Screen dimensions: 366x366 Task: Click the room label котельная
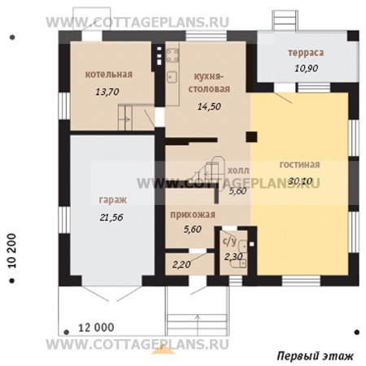(109, 74)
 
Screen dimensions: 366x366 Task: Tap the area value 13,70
(107, 92)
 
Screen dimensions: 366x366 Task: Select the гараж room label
(113, 200)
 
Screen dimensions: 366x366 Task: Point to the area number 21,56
(111, 217)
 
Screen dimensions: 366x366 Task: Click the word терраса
(306, 53)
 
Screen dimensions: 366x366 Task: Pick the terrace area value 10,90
(307, 68)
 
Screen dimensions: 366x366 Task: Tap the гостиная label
(299, 164)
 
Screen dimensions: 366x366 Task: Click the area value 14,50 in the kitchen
(209, 107)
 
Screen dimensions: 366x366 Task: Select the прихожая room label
(193, 215)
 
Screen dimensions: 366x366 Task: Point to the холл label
(238, 171)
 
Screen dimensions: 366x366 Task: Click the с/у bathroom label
(229, 241)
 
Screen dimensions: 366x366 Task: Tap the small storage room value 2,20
(181, 264)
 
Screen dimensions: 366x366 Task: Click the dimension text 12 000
(96, 328)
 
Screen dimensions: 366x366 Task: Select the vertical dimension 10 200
(12, 251)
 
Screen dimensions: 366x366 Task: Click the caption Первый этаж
(316, 356)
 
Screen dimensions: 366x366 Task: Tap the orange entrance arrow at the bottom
(163, 350)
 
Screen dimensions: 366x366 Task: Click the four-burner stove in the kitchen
(172, 55)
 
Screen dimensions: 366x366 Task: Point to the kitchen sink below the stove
(172, 76)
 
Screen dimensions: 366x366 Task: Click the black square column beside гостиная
(251, 137)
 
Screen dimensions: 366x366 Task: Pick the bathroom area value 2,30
(233, 256)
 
